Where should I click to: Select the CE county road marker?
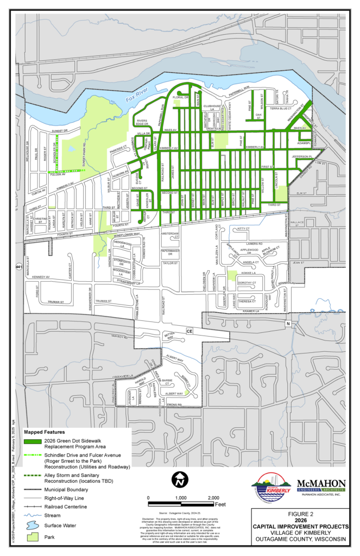tap(190, 330)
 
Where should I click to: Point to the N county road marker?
tap(288, 324)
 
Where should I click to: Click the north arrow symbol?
tap(180, 480)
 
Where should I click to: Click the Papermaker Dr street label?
tap(170, 252)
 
